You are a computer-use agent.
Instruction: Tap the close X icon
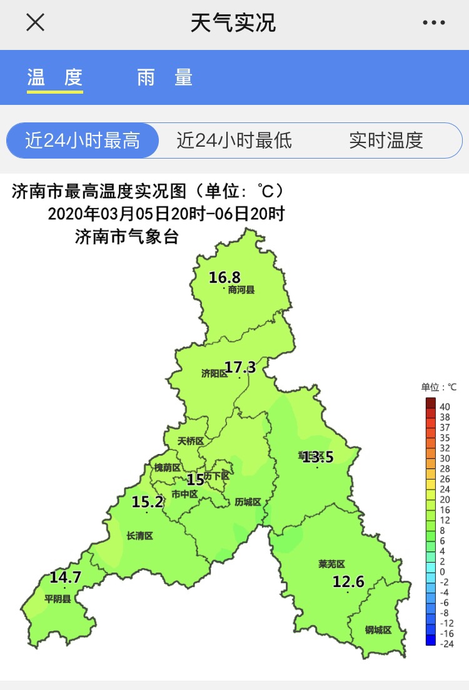(x=35, y=22)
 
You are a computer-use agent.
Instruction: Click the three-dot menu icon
(x=433, y=23)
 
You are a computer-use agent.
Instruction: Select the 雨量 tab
(x=165, y=77)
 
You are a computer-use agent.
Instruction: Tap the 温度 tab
(x=55, y=77)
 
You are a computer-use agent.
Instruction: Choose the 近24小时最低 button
(x=234, y=140)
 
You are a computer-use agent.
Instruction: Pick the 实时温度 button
(x=386, y=140)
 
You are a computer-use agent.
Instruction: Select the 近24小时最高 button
(x=83, y=140)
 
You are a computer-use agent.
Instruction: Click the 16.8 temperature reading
(x=224, y=277)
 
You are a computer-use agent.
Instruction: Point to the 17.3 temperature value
(x=240, y=367)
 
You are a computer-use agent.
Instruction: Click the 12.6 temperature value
(x=348, y=582)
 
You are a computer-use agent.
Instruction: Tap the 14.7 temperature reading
(x=66, y=577)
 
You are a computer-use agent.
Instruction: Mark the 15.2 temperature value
(x=148, y=501)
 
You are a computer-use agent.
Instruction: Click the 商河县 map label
(x=241, y=290)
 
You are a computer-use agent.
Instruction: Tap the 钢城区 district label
(x=378, y=630)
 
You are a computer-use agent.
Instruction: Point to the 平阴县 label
(x=58, y=598)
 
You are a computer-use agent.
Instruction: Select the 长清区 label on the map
(x=139, y=535)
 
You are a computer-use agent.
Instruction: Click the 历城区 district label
(x=248, y=502)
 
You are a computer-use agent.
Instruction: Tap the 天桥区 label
(x=191, y=441)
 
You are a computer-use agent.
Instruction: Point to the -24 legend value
(x=446, y=643)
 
